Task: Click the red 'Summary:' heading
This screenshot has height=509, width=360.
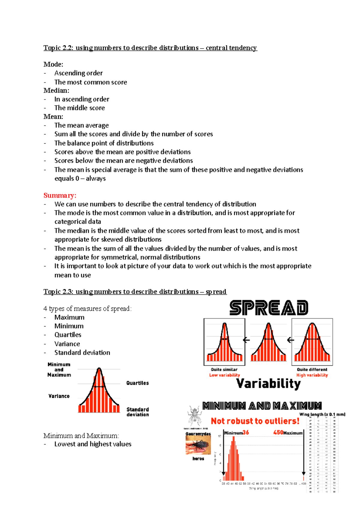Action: (60, 195)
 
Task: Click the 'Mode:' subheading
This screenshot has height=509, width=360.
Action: (53, 64)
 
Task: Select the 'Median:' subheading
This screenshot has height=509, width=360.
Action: (56, 90)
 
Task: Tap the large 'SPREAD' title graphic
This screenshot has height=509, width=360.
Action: (269, 308)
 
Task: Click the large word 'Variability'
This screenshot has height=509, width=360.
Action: (268, 383)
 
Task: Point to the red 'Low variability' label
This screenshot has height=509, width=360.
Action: (224, 375)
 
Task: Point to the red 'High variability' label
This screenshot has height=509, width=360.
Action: (312, 375)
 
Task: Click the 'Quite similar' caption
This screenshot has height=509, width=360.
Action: (224, 370)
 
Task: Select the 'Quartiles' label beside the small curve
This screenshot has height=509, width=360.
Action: (137, 383)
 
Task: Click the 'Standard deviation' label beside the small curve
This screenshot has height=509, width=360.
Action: (137, 412)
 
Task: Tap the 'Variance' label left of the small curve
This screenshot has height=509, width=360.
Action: (59, 396)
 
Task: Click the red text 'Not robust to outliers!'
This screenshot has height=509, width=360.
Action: (255, 421)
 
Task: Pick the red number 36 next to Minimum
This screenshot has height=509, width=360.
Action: (246, 433)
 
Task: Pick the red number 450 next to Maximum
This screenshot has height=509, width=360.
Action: (278, 433)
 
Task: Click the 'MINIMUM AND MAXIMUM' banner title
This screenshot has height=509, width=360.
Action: (262, 406)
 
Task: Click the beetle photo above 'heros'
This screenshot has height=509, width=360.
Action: (198, 445)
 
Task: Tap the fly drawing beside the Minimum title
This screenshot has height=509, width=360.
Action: (194, 415)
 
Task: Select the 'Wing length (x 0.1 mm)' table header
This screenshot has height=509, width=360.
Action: (322, 414)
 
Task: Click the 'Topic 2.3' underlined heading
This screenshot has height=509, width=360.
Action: (135, 292)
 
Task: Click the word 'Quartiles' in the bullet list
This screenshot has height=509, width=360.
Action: (68, 335)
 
